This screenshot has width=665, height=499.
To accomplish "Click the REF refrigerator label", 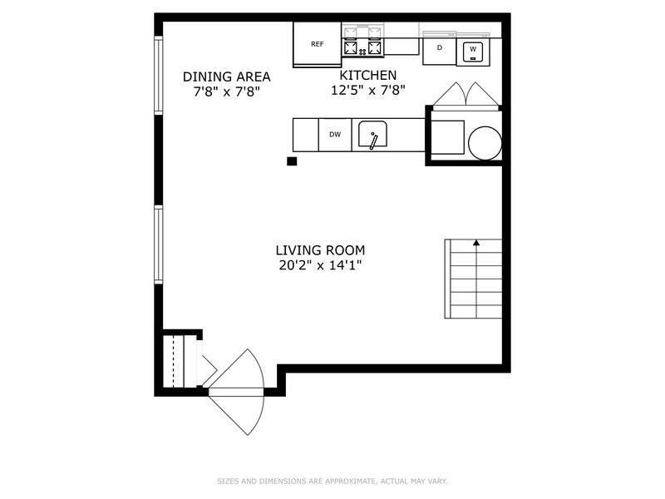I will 317,44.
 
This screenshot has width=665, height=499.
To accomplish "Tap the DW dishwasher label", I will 335,135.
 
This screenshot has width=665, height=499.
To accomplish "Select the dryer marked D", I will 440,49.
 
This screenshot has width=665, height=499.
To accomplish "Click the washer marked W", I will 473,50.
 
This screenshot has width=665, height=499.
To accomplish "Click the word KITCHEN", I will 368,76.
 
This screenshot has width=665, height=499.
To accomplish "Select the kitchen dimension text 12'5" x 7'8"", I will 368,91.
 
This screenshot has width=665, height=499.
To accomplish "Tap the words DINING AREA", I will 227,77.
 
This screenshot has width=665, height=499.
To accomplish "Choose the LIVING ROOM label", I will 320,250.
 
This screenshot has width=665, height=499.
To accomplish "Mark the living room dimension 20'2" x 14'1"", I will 320,265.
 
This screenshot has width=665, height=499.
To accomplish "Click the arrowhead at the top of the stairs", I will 476,243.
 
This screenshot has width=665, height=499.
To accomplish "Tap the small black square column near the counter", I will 292,161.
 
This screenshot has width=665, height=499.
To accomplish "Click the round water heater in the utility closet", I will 485,142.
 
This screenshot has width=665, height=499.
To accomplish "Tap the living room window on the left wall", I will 158,245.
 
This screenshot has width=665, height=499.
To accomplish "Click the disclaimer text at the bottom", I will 332,481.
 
